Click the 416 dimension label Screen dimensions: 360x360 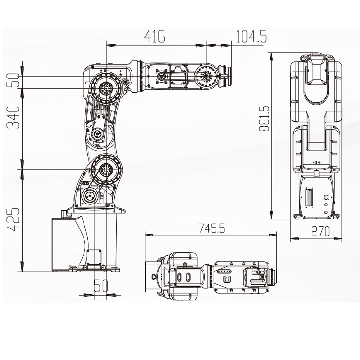pos(155,36)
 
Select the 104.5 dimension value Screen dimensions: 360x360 pos(251,36)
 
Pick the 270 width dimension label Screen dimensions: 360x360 pos(320,232)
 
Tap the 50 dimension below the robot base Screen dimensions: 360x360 pos(100,287)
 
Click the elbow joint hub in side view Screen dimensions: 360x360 pos(105,88)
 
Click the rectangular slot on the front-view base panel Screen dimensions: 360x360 pos(309,196)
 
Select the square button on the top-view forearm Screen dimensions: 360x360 pos(228,278)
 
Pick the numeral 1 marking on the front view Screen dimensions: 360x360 pos(316,163)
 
